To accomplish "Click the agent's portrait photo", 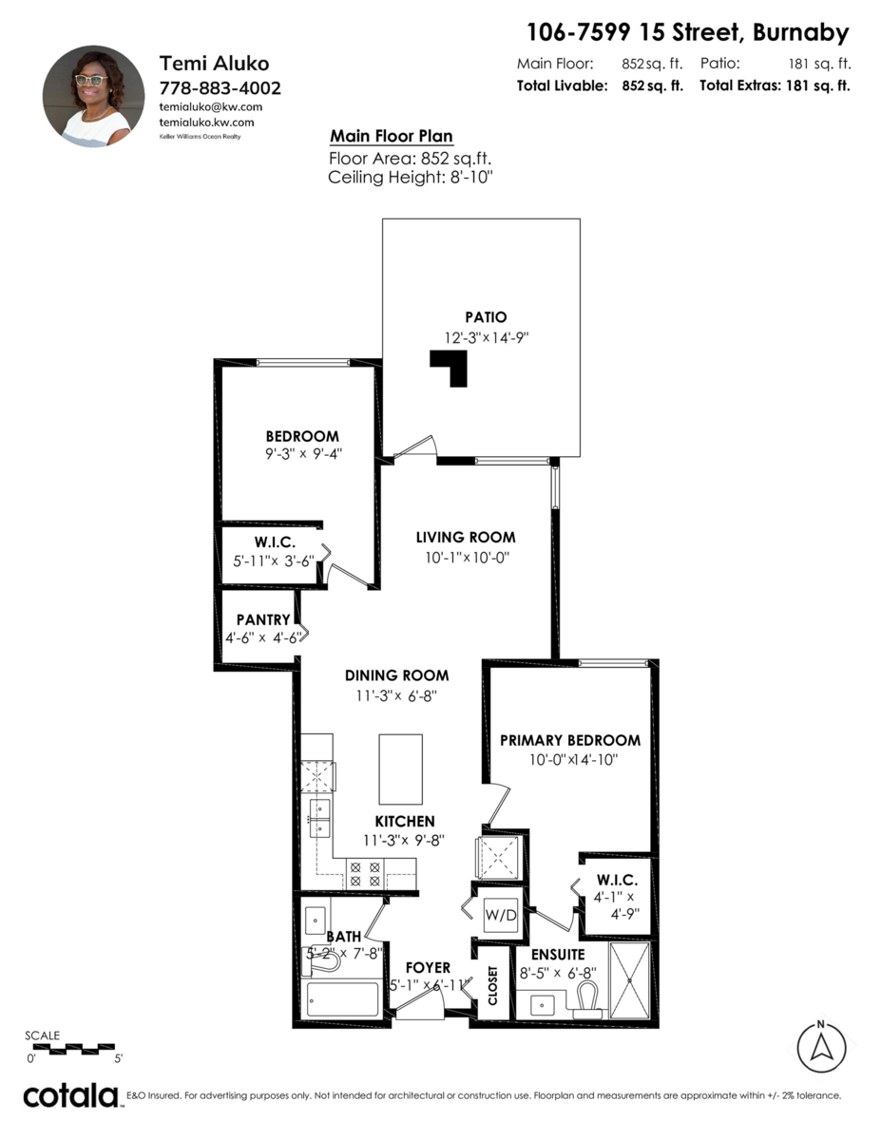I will click(x=86, y=96).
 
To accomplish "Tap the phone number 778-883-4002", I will click(x=220, y=87).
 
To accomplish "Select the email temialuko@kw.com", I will click(x=210, y=106).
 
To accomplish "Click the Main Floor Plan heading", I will click(x=391, y=136).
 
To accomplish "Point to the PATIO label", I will click(x=486, y=317).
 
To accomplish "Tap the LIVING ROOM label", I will click(x=466, y=538).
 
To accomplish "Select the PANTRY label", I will click(x=263, y=619).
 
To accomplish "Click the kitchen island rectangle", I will click(x=400, y=769).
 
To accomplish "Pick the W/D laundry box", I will click(x=500, y=916).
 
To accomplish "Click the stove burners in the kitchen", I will click(x=366, y=873).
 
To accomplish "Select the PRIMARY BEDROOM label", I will click(x=570, y=740).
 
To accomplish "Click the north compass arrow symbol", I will click(x=820, y=1047).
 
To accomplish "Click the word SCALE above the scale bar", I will click(x=42, y=1035).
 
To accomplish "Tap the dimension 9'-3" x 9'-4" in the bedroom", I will click(x=303, y=453).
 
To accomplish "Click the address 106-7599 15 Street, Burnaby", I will click(x=687, y=33).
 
